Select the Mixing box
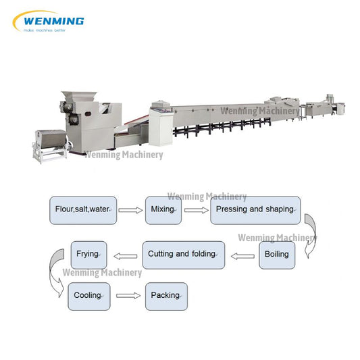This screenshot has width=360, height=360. coord(163,210)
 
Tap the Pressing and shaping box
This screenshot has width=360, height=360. coord(255,210)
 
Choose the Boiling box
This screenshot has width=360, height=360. coord(276,255)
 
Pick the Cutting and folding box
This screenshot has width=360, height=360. coord(182,255)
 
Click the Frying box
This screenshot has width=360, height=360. coord(88,255)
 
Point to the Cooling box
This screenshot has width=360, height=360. coord(88,296)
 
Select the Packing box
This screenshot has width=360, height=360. coord(165,296)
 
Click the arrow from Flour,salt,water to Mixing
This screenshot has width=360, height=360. coord(132,211)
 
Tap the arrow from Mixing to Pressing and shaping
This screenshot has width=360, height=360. coord(196,211)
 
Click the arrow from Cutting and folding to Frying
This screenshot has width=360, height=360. coord(125,255)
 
